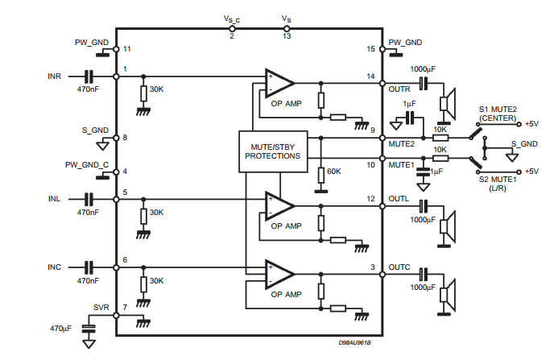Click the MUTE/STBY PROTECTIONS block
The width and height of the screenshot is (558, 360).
[273, 151]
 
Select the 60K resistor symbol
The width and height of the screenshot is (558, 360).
[321, 176]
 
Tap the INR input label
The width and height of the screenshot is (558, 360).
[55, 77]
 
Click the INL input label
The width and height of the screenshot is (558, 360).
[54, 199]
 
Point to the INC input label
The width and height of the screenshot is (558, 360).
[55, 267]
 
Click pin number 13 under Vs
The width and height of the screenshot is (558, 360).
[287, 36]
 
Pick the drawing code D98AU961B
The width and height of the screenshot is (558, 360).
[354, 343]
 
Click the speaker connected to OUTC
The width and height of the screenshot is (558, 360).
[448, 296]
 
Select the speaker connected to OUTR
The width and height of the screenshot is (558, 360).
[448, 104]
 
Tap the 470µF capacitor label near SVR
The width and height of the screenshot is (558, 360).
[60, 329]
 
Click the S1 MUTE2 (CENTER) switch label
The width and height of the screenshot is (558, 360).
[498, 114]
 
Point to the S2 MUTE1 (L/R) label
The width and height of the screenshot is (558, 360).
[498, 184]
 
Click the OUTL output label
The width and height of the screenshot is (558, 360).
[399, 199]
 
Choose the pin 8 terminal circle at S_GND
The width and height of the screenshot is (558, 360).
[116, 138]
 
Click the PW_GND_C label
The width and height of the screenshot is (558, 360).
[86, 165]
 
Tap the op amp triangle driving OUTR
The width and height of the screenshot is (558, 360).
[279, 83]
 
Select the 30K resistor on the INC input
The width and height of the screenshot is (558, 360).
[143, 284]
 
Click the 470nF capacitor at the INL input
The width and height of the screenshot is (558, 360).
[89, 199]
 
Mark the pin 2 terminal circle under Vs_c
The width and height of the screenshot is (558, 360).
[232, 29]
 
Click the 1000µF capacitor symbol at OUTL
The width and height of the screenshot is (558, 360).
[424, 206]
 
